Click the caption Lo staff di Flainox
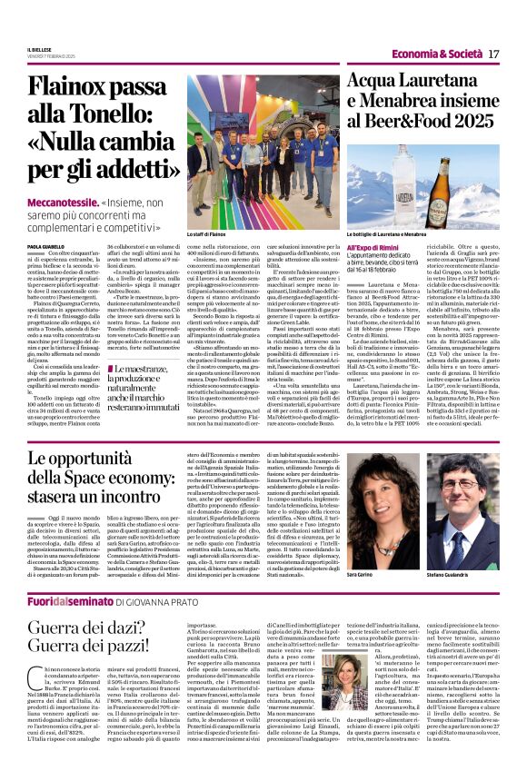tap(206, 235)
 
